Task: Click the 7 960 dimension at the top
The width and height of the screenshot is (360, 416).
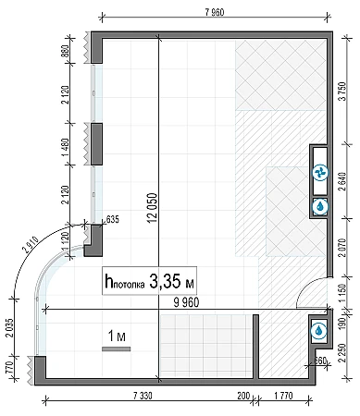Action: pos(215,12)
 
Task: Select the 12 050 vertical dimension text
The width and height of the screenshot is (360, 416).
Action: pos(153,208)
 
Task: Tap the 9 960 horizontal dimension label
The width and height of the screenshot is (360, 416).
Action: pos(186,302)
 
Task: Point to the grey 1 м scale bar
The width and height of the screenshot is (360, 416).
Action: pos(117,349)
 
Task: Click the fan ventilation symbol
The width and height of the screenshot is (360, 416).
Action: pos(320,173)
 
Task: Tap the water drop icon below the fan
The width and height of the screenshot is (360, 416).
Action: pos(320,206)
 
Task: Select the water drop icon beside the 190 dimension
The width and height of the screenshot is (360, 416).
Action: pos(318,331)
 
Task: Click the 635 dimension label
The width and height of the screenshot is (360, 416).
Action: pos(112,220)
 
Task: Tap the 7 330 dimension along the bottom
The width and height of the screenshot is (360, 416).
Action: pos(143,396)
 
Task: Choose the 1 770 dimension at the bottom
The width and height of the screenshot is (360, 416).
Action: pos(283,396)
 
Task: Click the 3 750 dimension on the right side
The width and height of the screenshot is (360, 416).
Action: pos(343,92)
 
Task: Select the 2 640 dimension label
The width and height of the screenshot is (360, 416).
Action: pos(343,181)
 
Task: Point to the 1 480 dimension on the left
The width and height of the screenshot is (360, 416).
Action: pos(66,147)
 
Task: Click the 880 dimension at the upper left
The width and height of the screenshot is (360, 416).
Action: pos(66,52)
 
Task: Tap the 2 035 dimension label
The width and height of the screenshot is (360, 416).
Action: pos(10,327)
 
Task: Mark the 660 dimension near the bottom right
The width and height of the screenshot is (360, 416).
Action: pos(320,360)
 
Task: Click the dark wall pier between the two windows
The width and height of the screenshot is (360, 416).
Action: pos(96,144)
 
